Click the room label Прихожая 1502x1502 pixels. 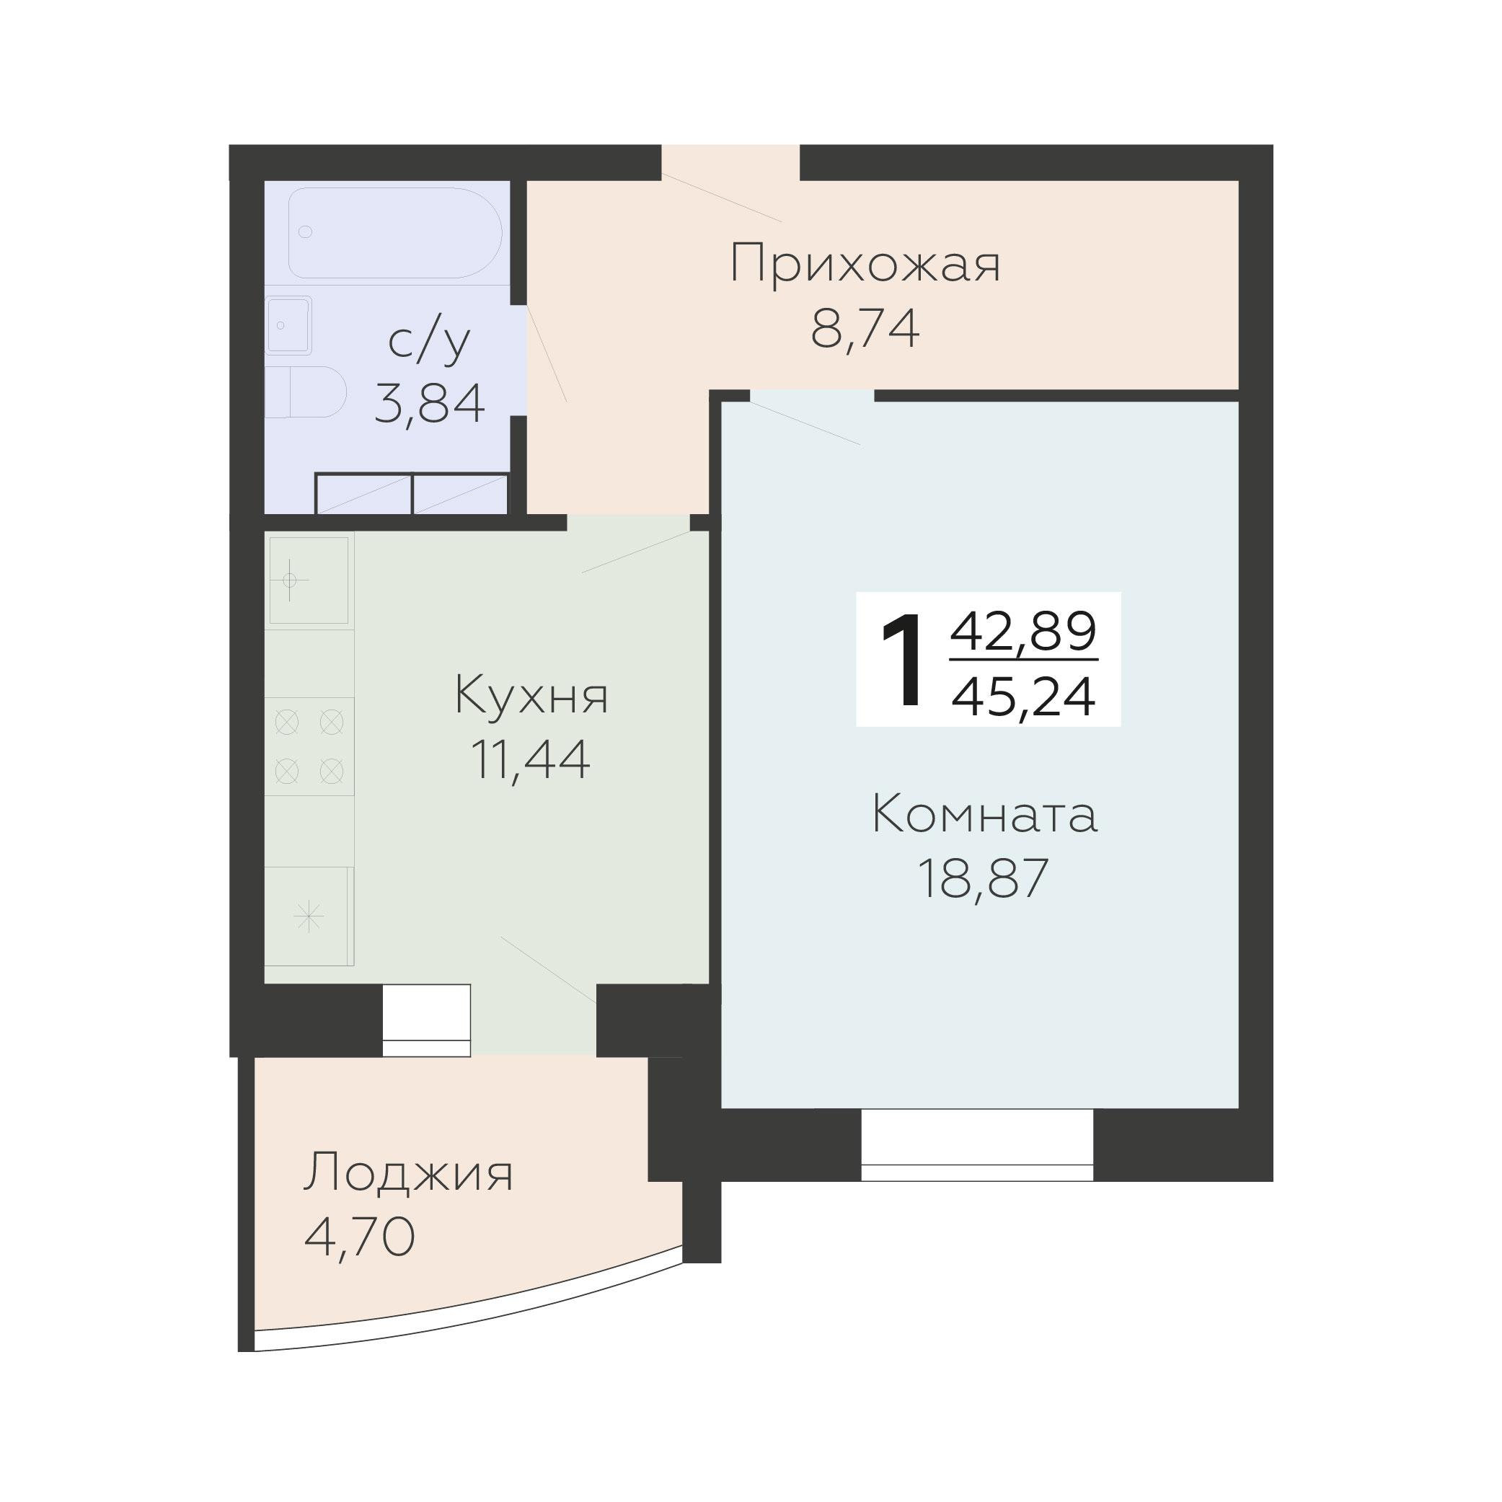click(x=865, y=265)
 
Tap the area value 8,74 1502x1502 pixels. click(x=865, y=329)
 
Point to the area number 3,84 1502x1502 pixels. click(x=430, y=402)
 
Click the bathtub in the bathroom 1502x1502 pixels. click(x=395, y=232)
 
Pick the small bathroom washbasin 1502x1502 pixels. click(x=288, y=325)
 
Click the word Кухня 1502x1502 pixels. click(x=531, y=695)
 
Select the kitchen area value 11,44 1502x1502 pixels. click(x=531, y=759)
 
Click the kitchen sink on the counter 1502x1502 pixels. click(x=309, y=580)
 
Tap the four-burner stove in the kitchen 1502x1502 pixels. click(x=309, y=746)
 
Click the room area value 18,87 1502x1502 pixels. click(x=984, y=878)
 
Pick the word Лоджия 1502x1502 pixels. click(x=408, y=1173)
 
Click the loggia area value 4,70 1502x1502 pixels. click(x=359, y=1237)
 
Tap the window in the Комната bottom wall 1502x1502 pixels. click(x=977, y=1145)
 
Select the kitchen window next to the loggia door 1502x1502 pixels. click(x=426, y=1020)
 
